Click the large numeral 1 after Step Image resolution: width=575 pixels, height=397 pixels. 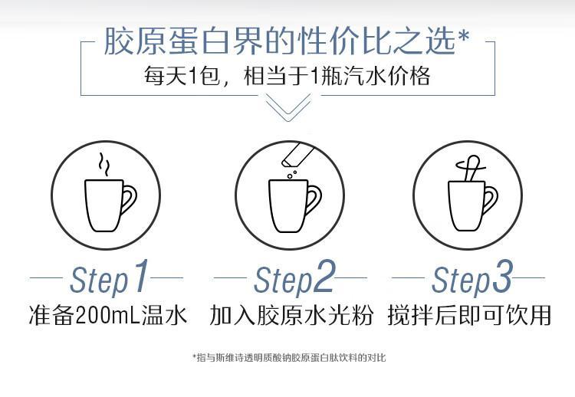140,276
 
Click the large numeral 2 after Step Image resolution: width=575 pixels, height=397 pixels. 324,276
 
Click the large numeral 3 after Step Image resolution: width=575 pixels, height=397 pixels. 501,276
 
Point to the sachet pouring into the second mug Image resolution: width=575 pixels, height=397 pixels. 297,155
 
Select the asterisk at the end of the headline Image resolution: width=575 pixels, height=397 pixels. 463,36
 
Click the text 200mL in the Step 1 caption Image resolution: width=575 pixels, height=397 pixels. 108,315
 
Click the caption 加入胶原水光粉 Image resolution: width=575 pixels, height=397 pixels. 291,315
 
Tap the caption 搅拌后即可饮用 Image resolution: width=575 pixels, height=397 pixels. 469,315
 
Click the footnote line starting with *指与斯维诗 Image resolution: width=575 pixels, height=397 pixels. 289,357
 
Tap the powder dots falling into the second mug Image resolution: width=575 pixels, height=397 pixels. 292,174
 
